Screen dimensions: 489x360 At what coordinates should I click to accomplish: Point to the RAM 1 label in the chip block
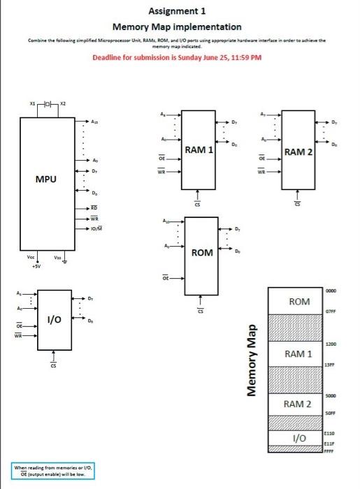pyautogui.click(x=199, y=149)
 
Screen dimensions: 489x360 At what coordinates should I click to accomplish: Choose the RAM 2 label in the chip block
pyautogui.click(x=298, y=152)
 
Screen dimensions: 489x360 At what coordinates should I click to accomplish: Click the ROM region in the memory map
pyautogui.click(x=299, y=301)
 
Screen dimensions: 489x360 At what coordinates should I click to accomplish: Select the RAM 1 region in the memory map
pyautogui.click(x=299, y=354)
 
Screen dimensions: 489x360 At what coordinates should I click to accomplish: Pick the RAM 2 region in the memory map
pyautogui.click(x=299, y=404)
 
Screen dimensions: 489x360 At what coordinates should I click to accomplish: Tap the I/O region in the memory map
pyautogui.click(x=299, y=438)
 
